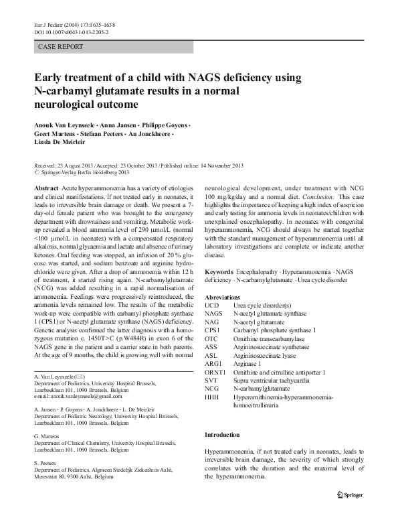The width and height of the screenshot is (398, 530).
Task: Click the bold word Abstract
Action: click(x=45, y=190)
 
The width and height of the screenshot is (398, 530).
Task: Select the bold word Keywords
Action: click(x=219, y=273)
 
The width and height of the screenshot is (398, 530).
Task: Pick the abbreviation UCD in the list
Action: click(x=212, y=306)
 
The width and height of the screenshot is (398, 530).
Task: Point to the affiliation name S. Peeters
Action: click(x=45, y=462)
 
